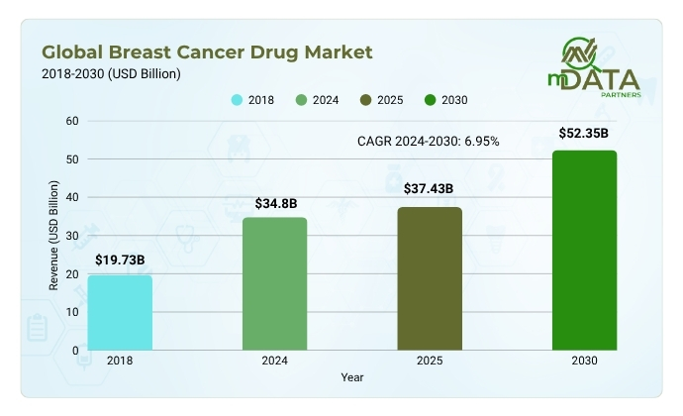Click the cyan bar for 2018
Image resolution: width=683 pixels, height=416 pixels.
pos(120,312)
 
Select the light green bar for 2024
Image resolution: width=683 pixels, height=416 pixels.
pos(274,283)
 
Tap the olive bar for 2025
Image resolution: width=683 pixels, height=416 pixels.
pos(429,278)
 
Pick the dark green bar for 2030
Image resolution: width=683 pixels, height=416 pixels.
pos(584,250)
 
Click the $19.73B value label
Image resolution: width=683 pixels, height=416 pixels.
pos(120,260)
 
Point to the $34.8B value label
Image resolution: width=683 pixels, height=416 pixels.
pos(274,204)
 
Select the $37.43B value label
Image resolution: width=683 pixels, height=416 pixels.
pos(429,188)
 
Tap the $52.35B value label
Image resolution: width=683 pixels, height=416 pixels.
pos(584,132)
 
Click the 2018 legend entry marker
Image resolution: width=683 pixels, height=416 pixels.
pos(237,99)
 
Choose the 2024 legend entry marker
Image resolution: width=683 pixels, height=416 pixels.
pos(303,99)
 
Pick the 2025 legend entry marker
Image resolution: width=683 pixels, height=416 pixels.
pos(366,99)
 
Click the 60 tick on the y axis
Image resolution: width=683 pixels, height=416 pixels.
pos(71,121)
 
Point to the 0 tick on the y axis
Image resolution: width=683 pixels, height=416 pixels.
pos(74,350)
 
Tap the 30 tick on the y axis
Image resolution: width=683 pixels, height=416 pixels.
pos(71,236)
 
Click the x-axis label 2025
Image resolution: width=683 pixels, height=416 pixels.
pos(429,363)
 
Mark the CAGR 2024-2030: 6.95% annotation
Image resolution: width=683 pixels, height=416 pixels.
pos(428,142)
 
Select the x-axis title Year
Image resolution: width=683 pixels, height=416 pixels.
pos(352,377)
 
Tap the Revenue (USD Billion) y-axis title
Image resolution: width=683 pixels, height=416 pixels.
pos(54,235)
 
